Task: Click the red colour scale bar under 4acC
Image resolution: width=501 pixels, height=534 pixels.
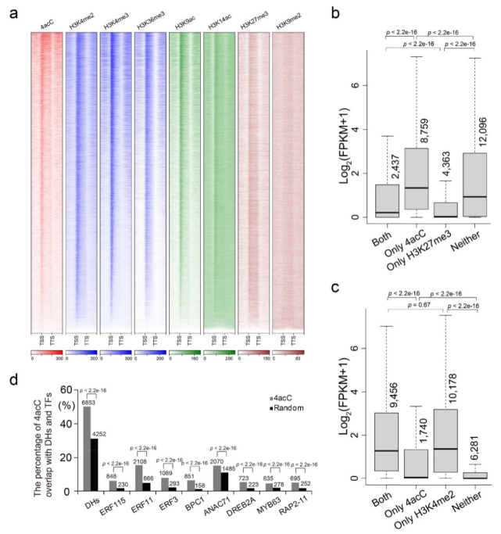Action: [46, 353]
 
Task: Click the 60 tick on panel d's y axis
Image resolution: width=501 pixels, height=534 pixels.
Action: [73, 389]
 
